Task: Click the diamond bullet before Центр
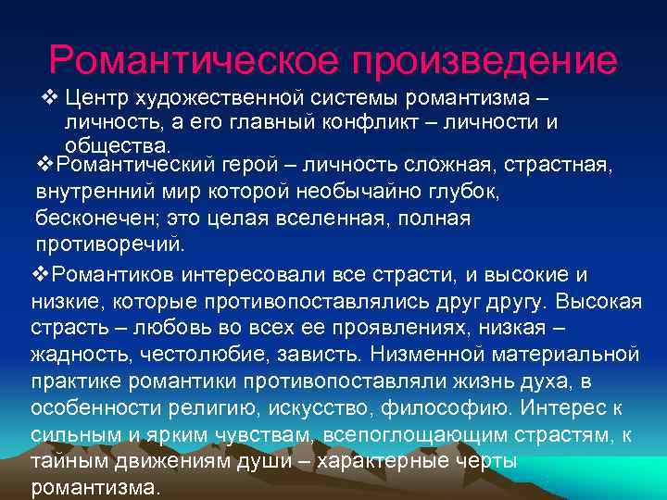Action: click(51, 97)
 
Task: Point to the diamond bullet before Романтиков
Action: click(38, 275)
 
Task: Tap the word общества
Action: click(117, 145)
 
